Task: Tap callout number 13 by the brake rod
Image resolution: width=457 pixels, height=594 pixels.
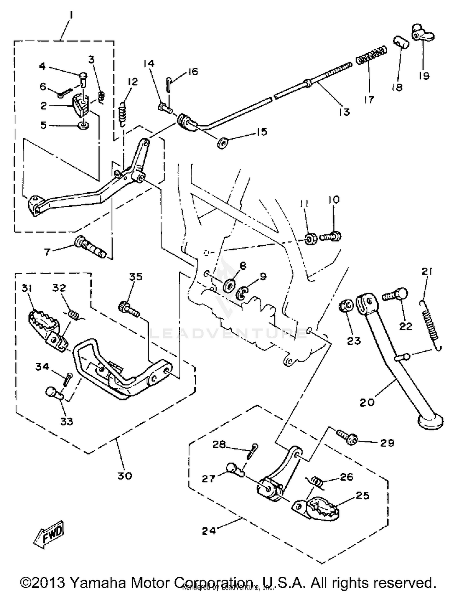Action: coord(344,112)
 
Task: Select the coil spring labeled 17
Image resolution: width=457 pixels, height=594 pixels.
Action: coord(371,55)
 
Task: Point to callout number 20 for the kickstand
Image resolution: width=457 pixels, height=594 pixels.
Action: coord(367,402)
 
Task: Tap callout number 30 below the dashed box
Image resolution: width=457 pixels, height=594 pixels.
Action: coord(125,475)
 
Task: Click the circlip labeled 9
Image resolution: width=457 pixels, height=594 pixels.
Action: coord(243,293)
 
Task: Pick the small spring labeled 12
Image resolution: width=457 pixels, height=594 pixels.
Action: coord(122,113)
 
